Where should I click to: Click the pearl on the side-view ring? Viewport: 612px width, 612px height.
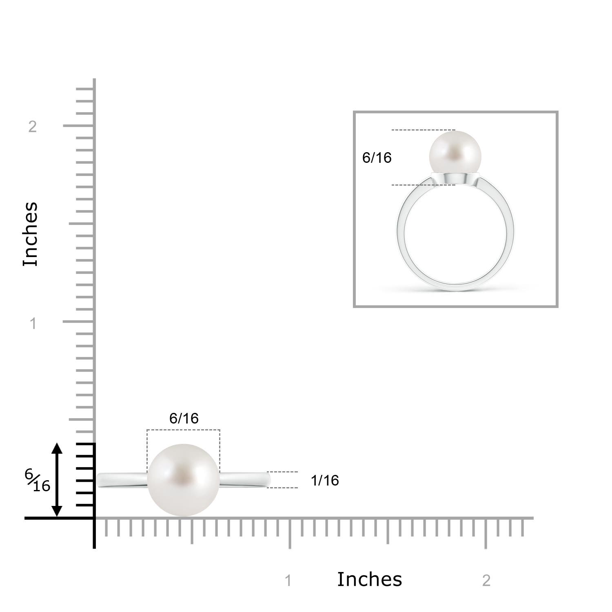click(183, 480)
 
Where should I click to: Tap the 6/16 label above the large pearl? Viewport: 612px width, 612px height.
click(184, 418)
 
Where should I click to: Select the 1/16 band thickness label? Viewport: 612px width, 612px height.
click(325, 480)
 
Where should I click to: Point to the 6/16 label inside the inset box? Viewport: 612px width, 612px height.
click(377, 157)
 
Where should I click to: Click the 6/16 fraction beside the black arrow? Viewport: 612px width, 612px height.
click(37, 480)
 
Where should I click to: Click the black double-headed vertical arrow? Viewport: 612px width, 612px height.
click(57, 480)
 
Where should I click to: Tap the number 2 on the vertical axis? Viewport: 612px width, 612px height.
click(33, 126)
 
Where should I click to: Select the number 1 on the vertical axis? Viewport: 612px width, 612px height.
click(33, 324)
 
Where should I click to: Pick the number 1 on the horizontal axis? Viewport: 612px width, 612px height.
click(288, 580)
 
